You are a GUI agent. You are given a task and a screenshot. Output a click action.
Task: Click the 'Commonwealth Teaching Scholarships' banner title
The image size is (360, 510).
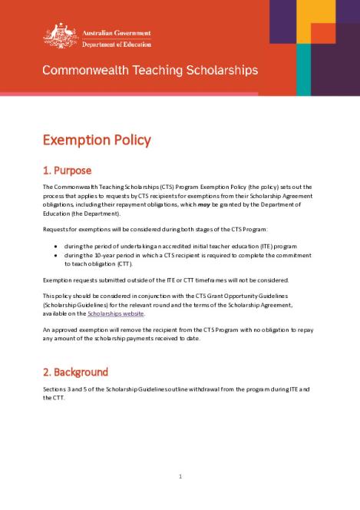click(x=150, y=70)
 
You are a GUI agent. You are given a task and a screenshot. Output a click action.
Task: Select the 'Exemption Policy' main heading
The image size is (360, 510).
click(x=97, y=140)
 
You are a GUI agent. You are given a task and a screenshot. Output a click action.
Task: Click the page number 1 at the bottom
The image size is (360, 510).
click(x=180, y=476)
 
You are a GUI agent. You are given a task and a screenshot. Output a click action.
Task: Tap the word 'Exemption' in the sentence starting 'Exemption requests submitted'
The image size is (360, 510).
click(x=58, y=280)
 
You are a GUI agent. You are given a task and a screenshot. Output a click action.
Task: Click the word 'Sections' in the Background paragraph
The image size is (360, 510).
click(x=56, y=389)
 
